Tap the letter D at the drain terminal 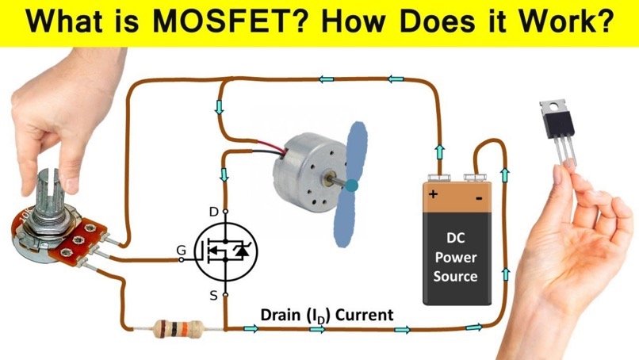tap(212, 212)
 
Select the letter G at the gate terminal tap(181, 251)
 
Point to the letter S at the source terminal tap(212, 295)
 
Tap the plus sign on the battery tap(434, 193)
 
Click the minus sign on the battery tap(479, 193)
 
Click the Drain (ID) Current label tap(327, 315)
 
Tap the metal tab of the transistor tap(550, 105)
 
